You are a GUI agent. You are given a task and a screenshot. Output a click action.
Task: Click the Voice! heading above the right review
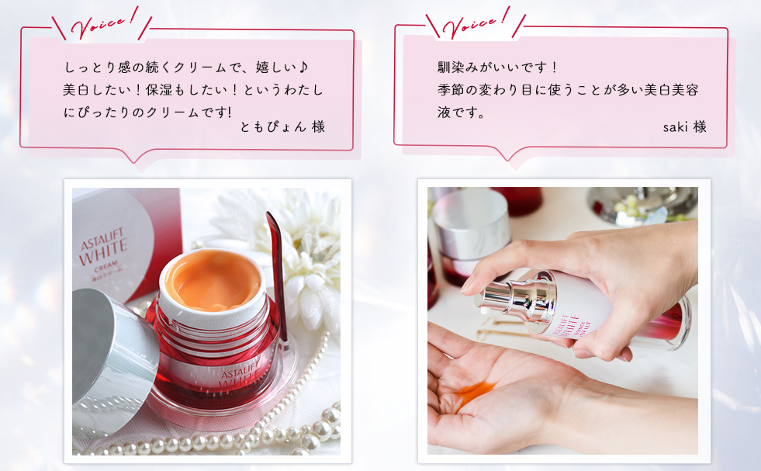click(476, 23)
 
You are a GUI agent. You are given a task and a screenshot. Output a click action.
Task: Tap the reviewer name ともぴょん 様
click(282, 127)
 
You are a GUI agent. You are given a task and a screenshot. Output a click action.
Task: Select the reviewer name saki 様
click(684, 127)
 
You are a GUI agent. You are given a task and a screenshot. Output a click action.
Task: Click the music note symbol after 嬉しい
click(303, 67)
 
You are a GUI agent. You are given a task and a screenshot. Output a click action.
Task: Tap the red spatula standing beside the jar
click(277, 277)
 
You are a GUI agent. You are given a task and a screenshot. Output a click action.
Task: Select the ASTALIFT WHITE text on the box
click(103, 247)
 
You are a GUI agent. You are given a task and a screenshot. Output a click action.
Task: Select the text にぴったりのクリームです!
click(147, 113)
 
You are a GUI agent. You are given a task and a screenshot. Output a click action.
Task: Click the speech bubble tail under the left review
click(134, 156)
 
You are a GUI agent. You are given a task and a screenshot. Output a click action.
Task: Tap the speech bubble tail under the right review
click(507, 154)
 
